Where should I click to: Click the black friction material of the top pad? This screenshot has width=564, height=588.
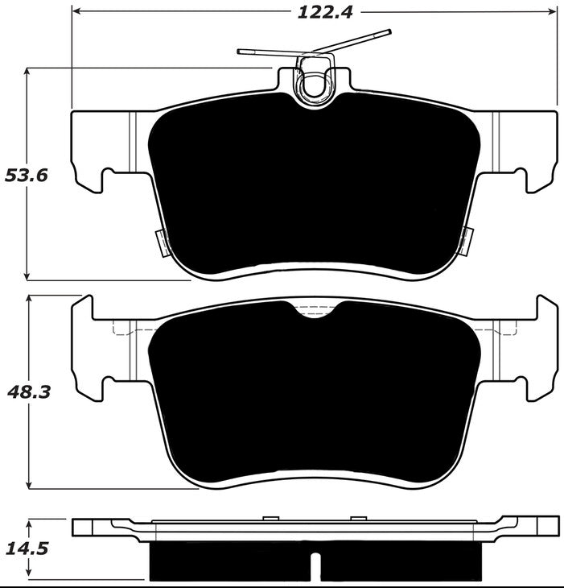(314, 185)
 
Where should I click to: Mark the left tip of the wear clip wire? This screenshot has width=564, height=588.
(241, 52)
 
